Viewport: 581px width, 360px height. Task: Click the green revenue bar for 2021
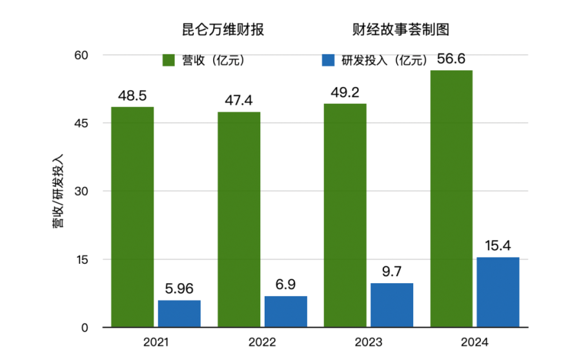[x=132, y=217]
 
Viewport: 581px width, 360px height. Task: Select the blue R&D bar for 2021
[x=179, y=314]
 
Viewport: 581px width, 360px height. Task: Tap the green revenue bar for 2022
[x=239, y=219]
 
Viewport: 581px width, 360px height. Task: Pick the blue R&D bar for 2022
[x=285, y=312]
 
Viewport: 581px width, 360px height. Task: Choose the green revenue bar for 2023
[x=345, y=215]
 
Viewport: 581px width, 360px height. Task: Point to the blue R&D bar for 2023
[x=392, y=305]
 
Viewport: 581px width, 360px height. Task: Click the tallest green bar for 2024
[x=451, y=199]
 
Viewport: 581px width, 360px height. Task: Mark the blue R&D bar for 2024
[x=498, y=292]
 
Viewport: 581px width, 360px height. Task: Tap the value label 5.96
[x=178, y=289]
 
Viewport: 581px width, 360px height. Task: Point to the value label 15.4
[x=497, y=246]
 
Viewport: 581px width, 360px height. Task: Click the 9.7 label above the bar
[x=391, y=272]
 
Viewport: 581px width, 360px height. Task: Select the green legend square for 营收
[x=168, y=61]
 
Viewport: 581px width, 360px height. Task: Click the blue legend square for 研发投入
[x=327, y=61]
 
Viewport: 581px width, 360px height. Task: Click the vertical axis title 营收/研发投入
[x=58, y=191]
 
